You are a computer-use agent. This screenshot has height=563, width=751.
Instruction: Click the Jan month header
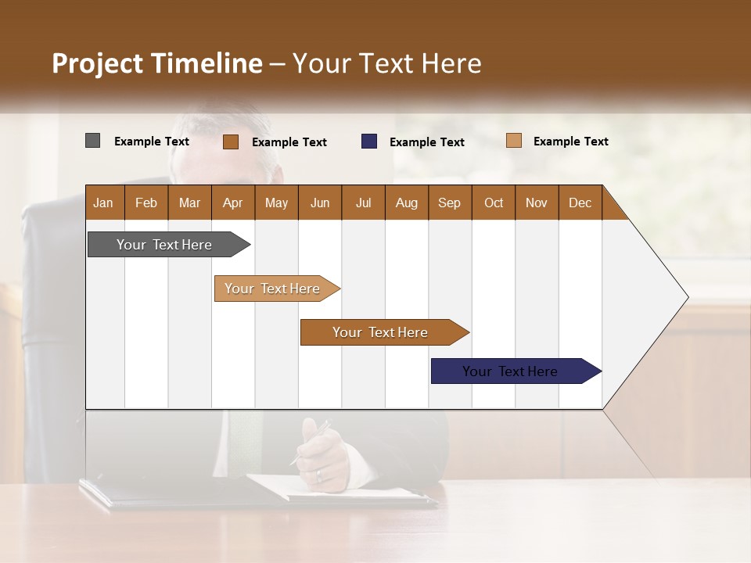pyautogui.click(x=104, y=203)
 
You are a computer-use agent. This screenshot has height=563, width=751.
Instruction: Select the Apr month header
pyautogui.click(x=232, y=203)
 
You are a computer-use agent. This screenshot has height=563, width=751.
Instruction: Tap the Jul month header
pyautogui.click(x=363, y=203)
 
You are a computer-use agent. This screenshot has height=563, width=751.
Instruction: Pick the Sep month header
pyautogui.click(x=449, y=203)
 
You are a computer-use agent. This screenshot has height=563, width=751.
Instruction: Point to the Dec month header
pyautogui.click(x=580, y=203)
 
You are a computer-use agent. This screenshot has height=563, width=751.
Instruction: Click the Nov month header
pyautogui.click(x=536, y=203)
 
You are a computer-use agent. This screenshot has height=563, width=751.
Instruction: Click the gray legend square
pyautogui.click(x=92, y=141)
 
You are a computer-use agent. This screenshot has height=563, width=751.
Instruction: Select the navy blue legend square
pyautogui.click(x=369, y=142)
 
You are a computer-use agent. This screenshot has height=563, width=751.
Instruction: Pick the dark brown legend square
pyautogui.click(x=231, y=142)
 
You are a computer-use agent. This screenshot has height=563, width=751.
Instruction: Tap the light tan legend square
pyautogui.click(x=514, y=141)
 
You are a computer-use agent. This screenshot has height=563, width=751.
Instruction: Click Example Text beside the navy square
pyautogui.click(x=426, y=142)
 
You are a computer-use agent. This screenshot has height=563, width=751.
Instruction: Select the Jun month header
pyautogui.click(x=319, y=203)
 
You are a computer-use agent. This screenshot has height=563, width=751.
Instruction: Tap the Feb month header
pyautogui.click(x=146, y=203)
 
